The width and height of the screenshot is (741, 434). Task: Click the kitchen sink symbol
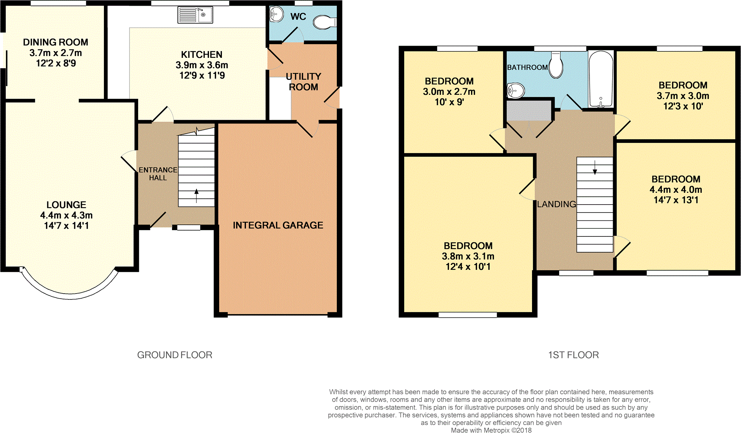tap(195, 15)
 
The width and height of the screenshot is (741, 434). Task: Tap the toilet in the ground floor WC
tap(324, 22)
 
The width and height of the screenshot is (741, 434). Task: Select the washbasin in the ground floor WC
tap(277, 15)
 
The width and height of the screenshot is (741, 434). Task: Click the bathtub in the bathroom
tap(601, 79)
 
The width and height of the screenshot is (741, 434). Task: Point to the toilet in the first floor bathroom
tap(556, 65)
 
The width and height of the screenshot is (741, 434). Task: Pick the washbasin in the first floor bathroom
tap(516, 90)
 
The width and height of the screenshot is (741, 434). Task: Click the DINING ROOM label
tap(55, 42)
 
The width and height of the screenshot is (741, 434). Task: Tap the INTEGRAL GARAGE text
tap(278, 225)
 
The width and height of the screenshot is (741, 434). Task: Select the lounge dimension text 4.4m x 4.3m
tap(66, 215)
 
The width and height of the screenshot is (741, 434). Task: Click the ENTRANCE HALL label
tap(158, 174)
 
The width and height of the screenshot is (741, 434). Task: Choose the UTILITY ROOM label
tap(303, 81)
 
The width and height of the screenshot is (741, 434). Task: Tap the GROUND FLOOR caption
tap(174, 355)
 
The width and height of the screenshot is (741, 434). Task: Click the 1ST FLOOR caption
tap(573, 355)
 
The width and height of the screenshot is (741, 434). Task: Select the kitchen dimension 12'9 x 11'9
tap(202, 76)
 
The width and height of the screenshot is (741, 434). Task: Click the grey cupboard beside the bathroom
tap(528, 110)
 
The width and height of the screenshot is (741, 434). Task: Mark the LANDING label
tap(556, 204)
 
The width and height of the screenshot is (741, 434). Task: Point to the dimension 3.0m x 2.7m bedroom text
tap(449, 92)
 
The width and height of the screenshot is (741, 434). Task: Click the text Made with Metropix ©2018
tap(491, 430)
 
